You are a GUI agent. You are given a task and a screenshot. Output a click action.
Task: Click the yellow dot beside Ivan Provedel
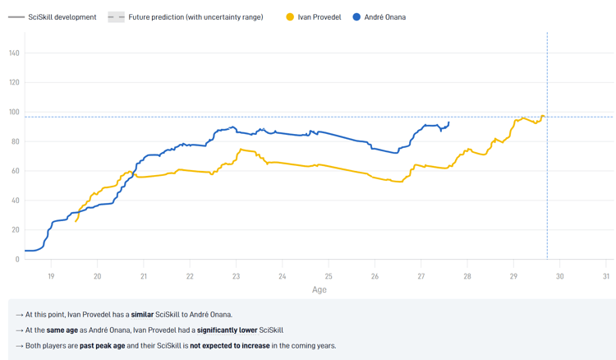pos(290,17)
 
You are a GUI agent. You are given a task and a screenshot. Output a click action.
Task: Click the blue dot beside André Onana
pos(356,17)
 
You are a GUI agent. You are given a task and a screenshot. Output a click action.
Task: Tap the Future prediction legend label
pos(195,17)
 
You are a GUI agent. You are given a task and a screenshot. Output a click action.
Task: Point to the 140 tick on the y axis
pos(14,53)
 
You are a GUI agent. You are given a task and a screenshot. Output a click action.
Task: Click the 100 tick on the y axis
pos(14,112)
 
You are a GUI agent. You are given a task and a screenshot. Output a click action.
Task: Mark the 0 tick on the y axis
pos(16,259)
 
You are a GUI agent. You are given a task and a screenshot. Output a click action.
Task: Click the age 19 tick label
pos(51,275)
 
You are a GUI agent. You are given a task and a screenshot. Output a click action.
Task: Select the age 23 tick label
pos(236,275)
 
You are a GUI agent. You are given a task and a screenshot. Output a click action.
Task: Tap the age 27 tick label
pos(421,275)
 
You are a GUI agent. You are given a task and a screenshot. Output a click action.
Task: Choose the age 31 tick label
pos(606,275)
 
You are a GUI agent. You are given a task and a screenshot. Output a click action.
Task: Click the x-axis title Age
pos(319,289)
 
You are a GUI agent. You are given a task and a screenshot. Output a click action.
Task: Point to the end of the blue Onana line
pos(448,122)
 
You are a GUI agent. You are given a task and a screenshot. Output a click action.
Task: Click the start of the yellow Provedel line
pos(76,221)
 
